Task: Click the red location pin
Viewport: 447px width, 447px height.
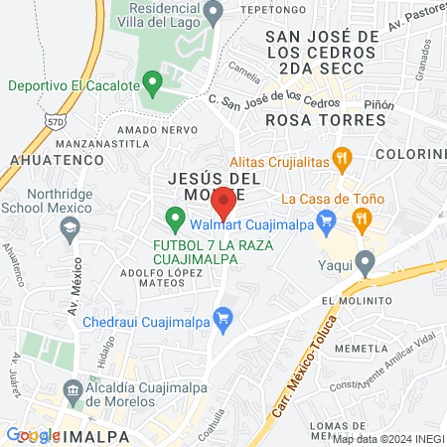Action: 223,203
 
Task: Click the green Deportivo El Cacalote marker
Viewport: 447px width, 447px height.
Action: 152,82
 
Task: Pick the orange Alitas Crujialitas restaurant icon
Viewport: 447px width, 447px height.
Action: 343,157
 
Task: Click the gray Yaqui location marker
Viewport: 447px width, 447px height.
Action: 366,264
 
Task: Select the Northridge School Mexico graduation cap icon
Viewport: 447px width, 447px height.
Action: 70,229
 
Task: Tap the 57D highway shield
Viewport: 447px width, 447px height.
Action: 56,120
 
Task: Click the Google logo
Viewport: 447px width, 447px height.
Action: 33,434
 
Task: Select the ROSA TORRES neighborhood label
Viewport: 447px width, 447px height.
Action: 325,119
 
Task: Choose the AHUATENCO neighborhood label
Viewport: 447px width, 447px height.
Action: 57,158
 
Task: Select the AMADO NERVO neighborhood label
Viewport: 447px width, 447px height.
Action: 149,130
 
